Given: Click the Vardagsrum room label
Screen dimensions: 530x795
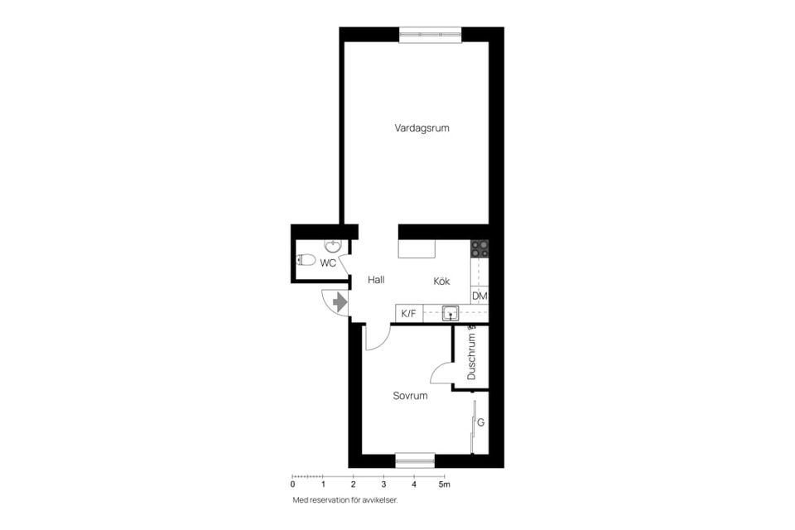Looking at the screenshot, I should coord(422,128).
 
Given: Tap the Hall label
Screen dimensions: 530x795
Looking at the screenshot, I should coord(376,281).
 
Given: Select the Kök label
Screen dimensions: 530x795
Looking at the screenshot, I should coord(441,282).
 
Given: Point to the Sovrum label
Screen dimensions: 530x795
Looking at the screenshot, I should coord(410,397).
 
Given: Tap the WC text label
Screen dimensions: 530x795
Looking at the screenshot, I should coord(328,263).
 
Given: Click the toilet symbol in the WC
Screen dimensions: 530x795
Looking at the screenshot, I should coord(306,260).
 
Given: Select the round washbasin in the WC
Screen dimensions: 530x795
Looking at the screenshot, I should coord(332,246).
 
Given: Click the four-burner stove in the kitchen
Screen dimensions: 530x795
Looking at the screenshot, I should coord(479,248).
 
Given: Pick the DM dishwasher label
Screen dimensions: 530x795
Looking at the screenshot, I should coord(479,296).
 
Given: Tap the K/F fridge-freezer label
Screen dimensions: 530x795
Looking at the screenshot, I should coord(408,314).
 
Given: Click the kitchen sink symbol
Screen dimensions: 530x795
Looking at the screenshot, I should coord(450,313).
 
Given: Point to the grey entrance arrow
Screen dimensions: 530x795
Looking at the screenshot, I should coord(339,303).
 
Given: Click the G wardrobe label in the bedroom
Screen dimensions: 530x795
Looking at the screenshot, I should coord(480,423).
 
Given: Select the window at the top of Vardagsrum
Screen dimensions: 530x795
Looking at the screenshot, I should coord(430,34).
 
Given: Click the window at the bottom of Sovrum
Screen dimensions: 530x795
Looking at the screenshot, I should coord(415,460).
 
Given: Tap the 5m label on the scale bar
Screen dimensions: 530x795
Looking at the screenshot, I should coord(446,484).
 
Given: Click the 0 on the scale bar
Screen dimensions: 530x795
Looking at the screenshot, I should coord(292,484).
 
